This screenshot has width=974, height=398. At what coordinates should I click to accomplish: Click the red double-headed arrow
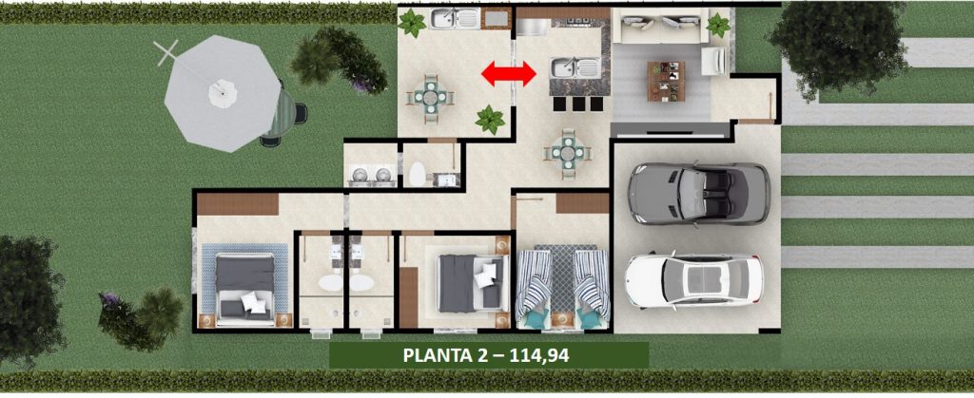tap(509, 74)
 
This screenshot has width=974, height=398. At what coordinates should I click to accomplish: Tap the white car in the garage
tap(693, 280)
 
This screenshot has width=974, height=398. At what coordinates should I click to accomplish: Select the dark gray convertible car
tap(699, 194)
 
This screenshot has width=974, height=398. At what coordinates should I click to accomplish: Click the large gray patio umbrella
tap(223, 93)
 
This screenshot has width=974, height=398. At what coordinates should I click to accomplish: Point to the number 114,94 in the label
tap(539, 356)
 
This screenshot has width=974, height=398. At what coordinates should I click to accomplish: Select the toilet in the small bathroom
tap(418, 174)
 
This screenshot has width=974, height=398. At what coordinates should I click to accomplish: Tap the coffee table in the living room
tap(666, 81)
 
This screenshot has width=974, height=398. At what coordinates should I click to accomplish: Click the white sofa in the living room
tap(661, 26)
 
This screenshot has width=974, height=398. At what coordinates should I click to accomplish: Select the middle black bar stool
tap(579, 104)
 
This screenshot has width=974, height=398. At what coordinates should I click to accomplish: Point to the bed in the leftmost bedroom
tap(244, 289)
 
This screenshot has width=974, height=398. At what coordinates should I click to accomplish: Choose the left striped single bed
tap(535, 283)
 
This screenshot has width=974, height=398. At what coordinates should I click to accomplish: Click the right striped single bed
tap(591, 283)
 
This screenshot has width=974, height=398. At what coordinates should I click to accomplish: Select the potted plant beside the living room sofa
tap(718, 26)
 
